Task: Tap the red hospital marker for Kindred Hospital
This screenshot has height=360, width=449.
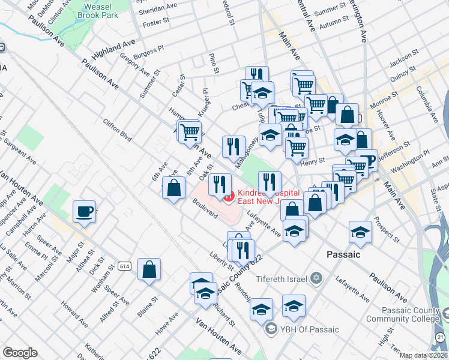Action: (229, 196)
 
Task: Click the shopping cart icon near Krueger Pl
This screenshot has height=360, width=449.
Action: (190, 131)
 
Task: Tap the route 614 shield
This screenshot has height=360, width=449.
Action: (124, 266)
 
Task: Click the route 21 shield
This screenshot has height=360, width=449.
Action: (442, 338)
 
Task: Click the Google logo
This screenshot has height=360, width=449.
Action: (20, 353)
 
